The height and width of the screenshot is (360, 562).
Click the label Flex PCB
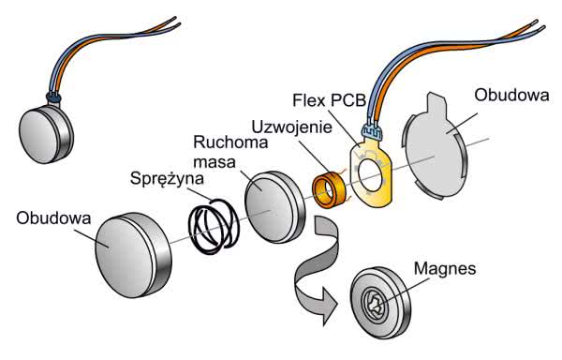329,100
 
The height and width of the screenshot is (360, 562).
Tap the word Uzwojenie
291,127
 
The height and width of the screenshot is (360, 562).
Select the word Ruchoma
230,142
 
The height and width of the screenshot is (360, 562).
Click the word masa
214,162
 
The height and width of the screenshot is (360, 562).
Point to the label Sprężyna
167,178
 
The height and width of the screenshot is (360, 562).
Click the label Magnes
445,268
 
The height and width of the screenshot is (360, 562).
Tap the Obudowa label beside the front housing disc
53,218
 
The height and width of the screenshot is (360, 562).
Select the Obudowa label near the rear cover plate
511,96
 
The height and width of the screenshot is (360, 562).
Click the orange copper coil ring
329,190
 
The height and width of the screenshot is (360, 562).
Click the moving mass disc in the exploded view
274,207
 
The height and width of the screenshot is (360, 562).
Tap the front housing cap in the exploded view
133,255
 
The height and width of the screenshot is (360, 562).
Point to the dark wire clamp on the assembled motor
54,97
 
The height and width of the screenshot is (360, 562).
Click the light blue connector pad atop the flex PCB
372,131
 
